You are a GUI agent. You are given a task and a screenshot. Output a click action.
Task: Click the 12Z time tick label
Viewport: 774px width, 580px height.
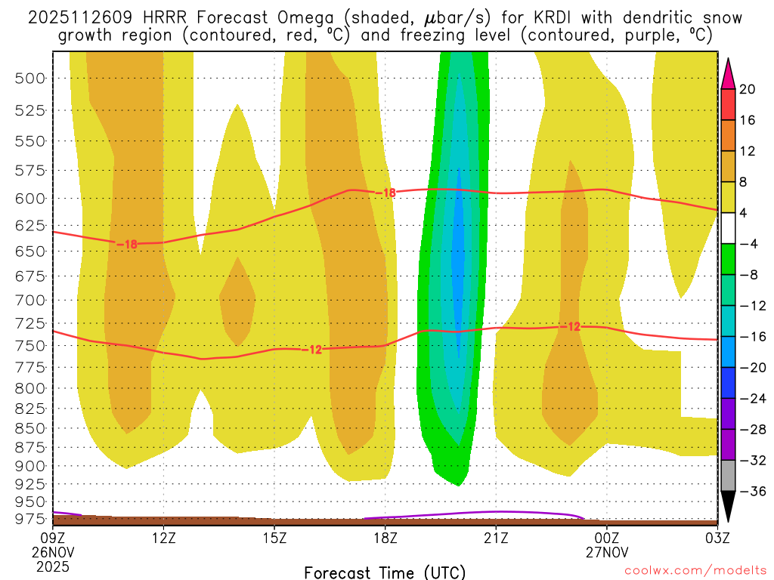[164, 538]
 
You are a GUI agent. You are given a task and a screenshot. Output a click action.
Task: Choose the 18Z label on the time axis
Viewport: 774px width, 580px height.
[385, 538]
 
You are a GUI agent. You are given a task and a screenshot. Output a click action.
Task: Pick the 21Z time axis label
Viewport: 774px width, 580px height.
[496, 538]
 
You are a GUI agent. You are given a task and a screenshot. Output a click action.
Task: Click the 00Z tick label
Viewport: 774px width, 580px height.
[606, 538]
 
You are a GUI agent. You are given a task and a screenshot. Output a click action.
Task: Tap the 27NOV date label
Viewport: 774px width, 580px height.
[606, 551]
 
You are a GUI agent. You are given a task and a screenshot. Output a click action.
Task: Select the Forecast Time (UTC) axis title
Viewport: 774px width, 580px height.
[385, 572]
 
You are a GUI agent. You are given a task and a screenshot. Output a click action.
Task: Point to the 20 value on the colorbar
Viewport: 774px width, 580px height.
[748, 89]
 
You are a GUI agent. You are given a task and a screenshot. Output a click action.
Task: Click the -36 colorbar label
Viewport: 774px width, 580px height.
[751, 491]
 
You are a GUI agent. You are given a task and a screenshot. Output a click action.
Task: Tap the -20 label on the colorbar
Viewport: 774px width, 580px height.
[751, 367]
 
